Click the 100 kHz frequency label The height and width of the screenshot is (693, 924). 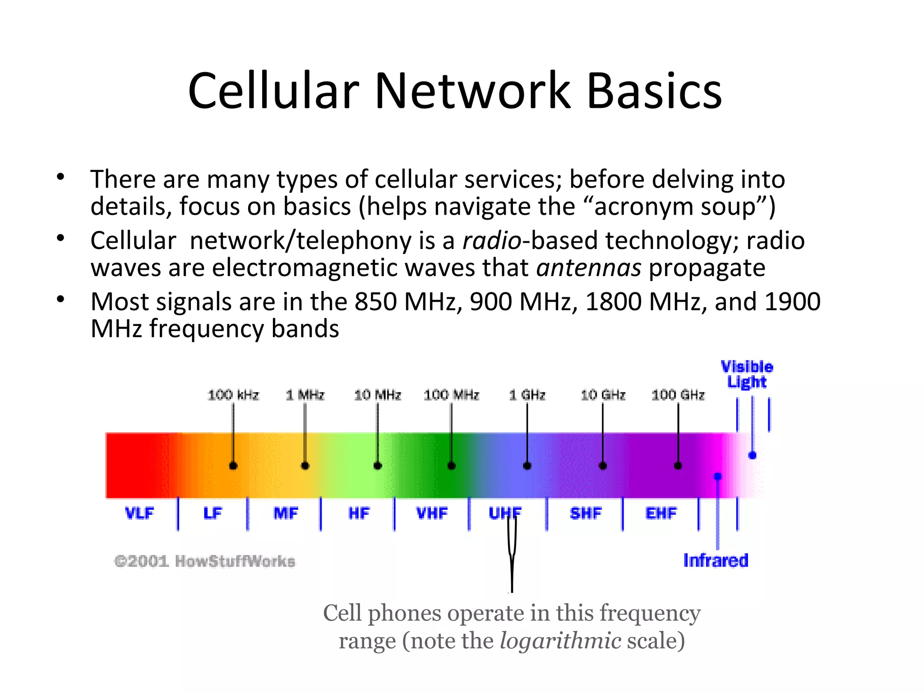pyautogui.click(x=233, y=395)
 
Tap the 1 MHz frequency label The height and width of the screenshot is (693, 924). pyautogui.click(x=305, y=395)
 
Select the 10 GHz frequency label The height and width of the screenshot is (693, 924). pyautogui.click(x=603, y=395)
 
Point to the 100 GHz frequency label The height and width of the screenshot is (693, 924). pyautogui.click(x=678, y=395)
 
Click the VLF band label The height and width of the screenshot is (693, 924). pyautogui.click(x=139, y=513)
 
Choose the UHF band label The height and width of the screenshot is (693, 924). pyautogui.click(x=505, y=513)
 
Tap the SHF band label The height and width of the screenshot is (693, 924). pyautogui.click(x=586, y=513)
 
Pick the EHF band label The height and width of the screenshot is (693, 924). pyautogui.click(x=661, y=513)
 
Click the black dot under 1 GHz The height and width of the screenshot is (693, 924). pyautogui.click(x=527, y=466)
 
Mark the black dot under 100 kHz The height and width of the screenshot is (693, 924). pyautogui.click(x=233, y=466)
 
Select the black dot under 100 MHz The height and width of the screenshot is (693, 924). pyautogui.click(x=451, y=466)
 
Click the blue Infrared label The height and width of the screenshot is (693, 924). pyautogui.click(x=716, y=560)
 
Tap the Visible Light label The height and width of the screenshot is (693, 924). pyautogui.click(x=747, y=374)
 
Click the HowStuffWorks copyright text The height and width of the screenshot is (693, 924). pyautogui.click(x=205, y=561)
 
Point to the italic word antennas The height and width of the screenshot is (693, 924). pyautogui.click(x=588, y=268)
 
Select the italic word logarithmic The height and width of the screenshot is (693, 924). pyautogui.click(x=560, y=641)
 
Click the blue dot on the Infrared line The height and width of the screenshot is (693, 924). pyautogui.click(x=717, y=476)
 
